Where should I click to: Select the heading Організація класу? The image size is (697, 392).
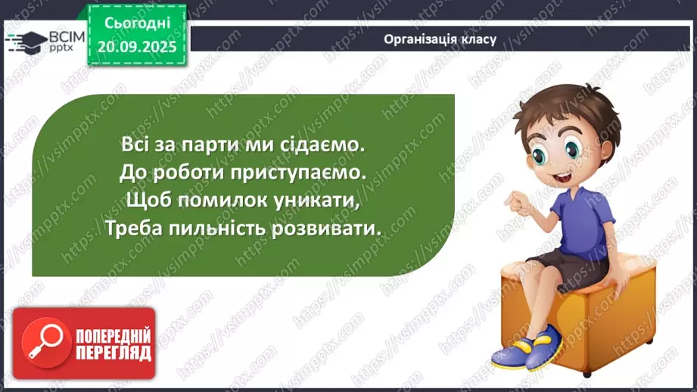(x=440, y=39)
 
